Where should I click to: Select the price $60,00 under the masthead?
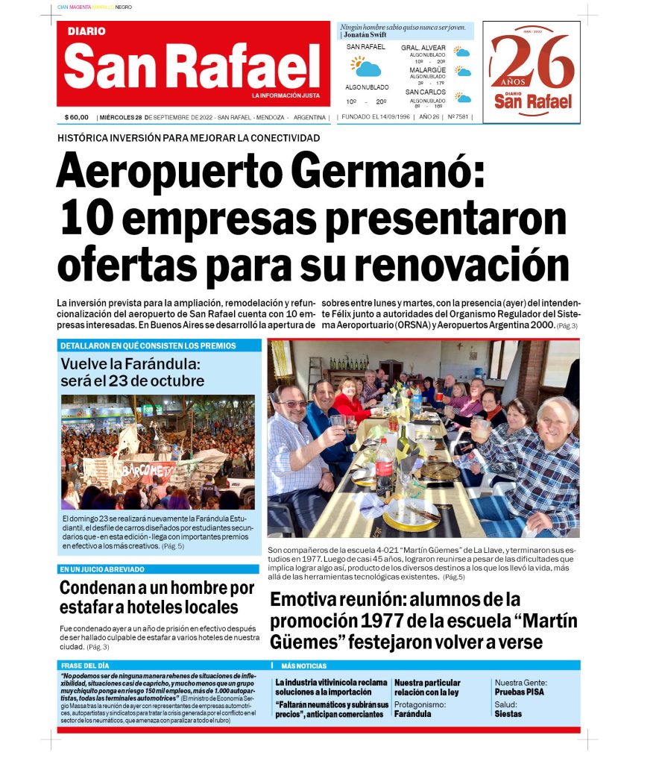click(77, 118)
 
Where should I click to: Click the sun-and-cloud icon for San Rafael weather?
click(365, 68)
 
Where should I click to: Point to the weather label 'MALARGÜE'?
click(428, 70)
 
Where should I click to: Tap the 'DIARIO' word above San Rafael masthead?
click(86, 31)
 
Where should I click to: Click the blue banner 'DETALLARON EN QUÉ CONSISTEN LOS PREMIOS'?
click(148, 346)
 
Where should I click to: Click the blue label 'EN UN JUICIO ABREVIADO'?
click(102, 569)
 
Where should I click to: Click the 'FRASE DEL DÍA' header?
click(85, 665)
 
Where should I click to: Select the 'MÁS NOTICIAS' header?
click(303, 666)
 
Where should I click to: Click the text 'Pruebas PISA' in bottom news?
click(519, 692)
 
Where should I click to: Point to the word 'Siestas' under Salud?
click(508, 713)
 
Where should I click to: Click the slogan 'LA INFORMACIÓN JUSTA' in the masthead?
click(286, 96)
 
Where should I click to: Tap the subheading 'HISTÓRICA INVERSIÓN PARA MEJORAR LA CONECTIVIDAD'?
click(189, 138)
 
